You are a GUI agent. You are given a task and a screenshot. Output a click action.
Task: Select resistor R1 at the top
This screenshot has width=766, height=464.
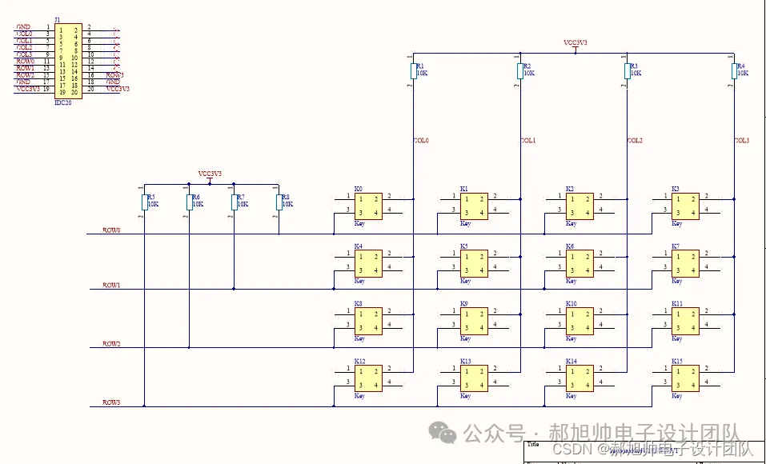[x=413, y=72]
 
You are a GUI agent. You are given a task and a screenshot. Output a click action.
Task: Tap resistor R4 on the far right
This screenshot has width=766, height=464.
[x=734, y=72]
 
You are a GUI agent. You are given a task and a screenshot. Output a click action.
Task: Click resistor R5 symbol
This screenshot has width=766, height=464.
[x=145, y=202]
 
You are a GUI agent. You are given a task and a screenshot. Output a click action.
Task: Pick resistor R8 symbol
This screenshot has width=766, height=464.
[x=279, y=202]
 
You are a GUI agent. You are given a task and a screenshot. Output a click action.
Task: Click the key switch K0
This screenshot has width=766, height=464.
[x=369, y=206]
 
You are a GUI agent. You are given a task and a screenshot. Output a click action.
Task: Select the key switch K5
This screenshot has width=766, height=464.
[x=475, y=263]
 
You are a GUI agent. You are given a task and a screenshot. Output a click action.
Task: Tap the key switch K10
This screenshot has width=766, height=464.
[x=580, y=321]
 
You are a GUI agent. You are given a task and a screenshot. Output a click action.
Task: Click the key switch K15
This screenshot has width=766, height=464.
[x=686, y=378]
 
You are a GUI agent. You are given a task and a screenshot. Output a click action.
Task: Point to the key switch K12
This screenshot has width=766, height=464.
[x=369, y=378]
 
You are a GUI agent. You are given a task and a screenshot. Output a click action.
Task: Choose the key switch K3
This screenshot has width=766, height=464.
[x=686, y=206]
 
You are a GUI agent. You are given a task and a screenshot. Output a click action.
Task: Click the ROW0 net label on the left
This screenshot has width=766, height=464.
[x=111, y=230]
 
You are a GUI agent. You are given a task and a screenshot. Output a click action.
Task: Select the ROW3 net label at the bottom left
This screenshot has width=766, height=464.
[x=111, y=402]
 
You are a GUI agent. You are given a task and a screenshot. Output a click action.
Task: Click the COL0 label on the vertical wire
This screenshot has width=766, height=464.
[x=421, y=141]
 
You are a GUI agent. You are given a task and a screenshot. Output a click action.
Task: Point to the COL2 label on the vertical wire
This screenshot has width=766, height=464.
[x=634, y=141]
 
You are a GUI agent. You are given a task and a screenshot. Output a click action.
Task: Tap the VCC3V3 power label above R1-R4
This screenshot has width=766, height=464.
[x=576, y=42]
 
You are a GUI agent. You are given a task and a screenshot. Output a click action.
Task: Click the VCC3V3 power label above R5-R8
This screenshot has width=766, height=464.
[x=210, y=174]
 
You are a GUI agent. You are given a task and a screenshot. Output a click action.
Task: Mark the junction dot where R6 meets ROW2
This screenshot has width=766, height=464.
[x=189, y=348]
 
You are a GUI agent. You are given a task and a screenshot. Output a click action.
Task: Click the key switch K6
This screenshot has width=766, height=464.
[x=580, y=263]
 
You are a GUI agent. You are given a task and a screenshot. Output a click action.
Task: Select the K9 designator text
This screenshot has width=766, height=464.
[x=464, y=304]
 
